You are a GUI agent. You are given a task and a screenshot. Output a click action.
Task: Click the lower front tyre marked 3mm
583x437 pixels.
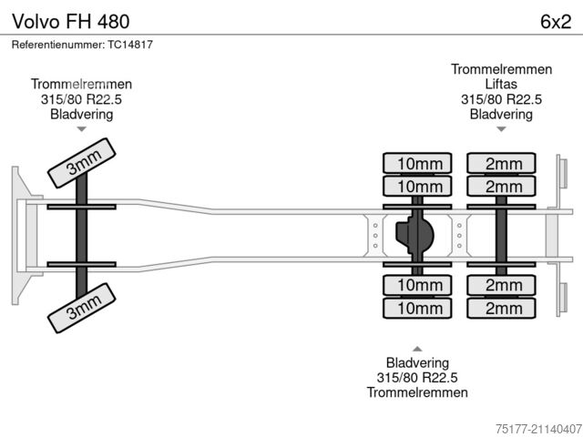point(81,312)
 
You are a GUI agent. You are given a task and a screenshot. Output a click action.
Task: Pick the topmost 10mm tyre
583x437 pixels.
point(418,164)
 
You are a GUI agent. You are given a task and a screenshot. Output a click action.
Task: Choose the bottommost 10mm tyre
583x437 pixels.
point(418,309)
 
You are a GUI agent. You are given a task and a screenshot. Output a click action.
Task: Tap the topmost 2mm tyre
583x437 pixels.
point(502,164)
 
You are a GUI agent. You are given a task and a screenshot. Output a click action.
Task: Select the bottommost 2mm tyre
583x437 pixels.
point(502,309)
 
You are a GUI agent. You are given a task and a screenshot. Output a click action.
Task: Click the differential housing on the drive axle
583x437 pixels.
point(417,236)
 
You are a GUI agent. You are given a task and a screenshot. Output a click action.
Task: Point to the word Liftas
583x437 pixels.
point(500,85)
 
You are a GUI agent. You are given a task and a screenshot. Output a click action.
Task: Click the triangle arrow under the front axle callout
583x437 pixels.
point(81,129)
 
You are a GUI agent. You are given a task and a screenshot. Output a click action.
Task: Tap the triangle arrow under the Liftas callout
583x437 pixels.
point(501,129)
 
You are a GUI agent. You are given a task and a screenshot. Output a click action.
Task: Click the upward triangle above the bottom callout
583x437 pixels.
point(417,349)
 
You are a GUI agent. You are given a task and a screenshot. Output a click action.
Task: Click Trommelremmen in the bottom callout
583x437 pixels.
point(417,392)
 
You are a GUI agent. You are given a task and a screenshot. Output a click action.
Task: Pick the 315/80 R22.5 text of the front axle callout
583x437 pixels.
point(81,99)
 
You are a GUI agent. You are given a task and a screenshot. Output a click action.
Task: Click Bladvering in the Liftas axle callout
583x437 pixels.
point(501,114)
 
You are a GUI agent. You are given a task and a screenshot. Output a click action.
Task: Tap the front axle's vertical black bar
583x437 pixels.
point(81,236)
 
